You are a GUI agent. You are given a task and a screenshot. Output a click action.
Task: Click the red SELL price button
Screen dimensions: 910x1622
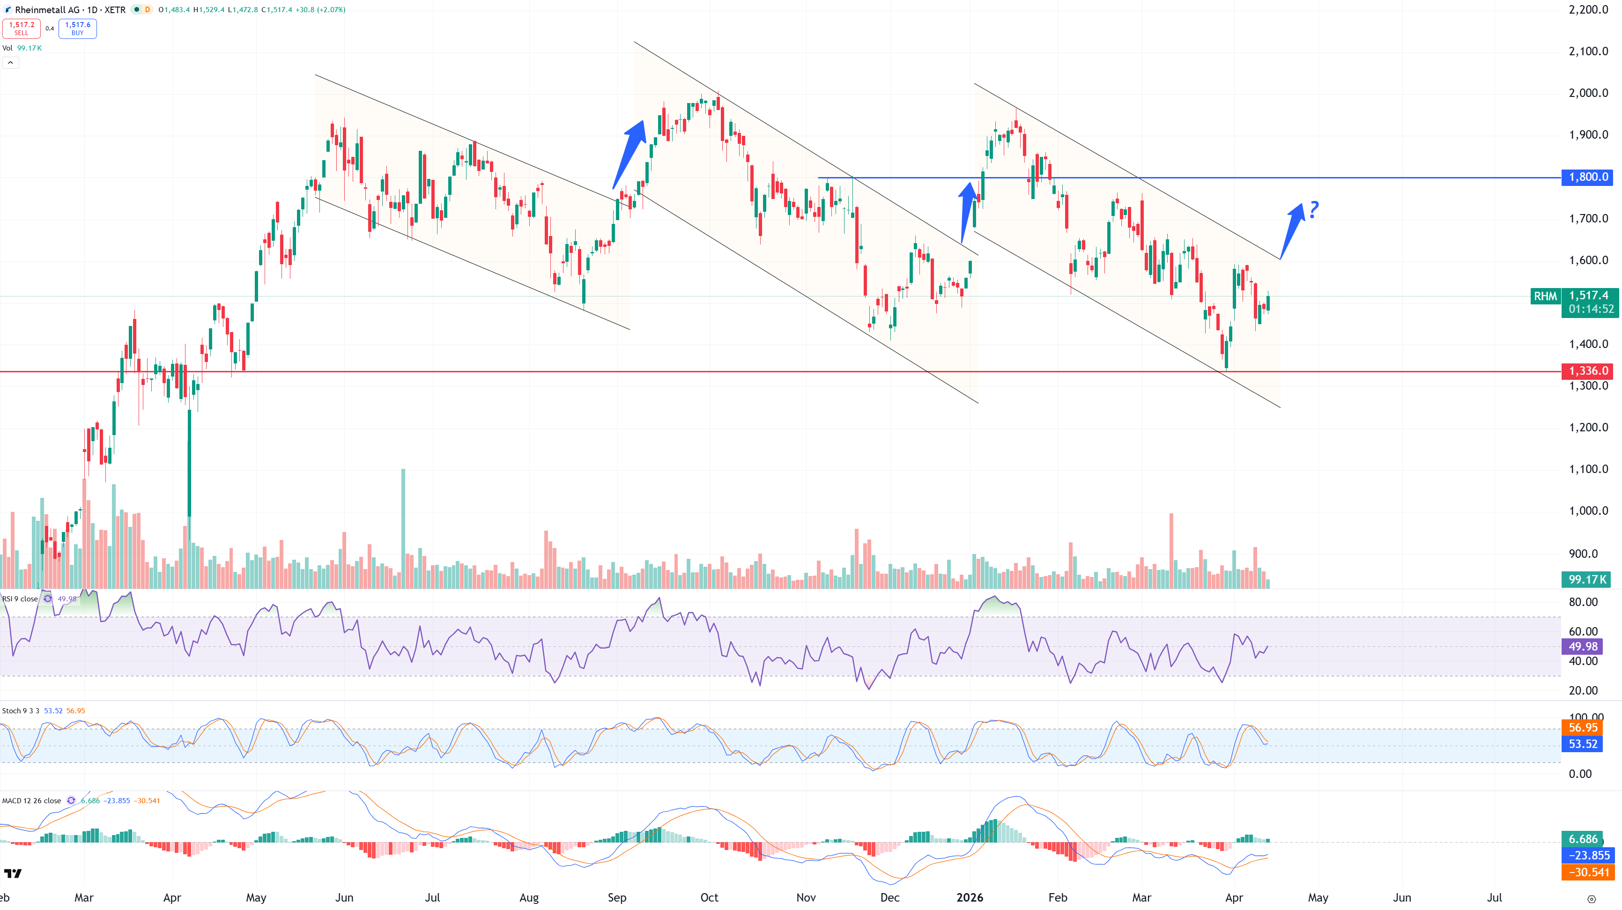22,29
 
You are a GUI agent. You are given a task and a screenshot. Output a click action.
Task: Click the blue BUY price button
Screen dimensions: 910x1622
77,29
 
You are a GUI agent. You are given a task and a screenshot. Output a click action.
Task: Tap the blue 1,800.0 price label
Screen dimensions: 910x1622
1587,177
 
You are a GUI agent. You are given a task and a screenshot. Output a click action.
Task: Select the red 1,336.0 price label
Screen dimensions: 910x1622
1587,371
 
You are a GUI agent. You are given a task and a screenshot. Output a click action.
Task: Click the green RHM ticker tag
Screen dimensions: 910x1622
1545,296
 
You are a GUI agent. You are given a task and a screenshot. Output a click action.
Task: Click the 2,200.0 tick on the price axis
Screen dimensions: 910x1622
1587,9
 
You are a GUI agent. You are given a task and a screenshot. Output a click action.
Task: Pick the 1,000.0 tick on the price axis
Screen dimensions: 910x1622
1587,511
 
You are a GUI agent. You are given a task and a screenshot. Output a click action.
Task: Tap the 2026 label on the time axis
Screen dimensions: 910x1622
970,897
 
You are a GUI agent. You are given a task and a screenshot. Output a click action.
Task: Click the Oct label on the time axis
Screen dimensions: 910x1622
709,897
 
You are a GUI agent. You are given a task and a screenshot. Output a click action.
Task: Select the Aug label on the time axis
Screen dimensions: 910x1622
529,897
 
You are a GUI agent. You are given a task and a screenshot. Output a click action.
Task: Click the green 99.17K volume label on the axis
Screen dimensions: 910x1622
1585,579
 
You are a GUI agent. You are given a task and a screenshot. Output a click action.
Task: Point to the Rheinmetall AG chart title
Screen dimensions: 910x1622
70,9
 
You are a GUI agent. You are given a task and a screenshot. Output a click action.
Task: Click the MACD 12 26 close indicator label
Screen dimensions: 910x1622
31,800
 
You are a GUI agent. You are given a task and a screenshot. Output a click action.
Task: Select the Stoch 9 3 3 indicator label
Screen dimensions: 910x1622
21,710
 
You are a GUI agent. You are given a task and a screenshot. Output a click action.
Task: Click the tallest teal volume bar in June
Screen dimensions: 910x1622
403,529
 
